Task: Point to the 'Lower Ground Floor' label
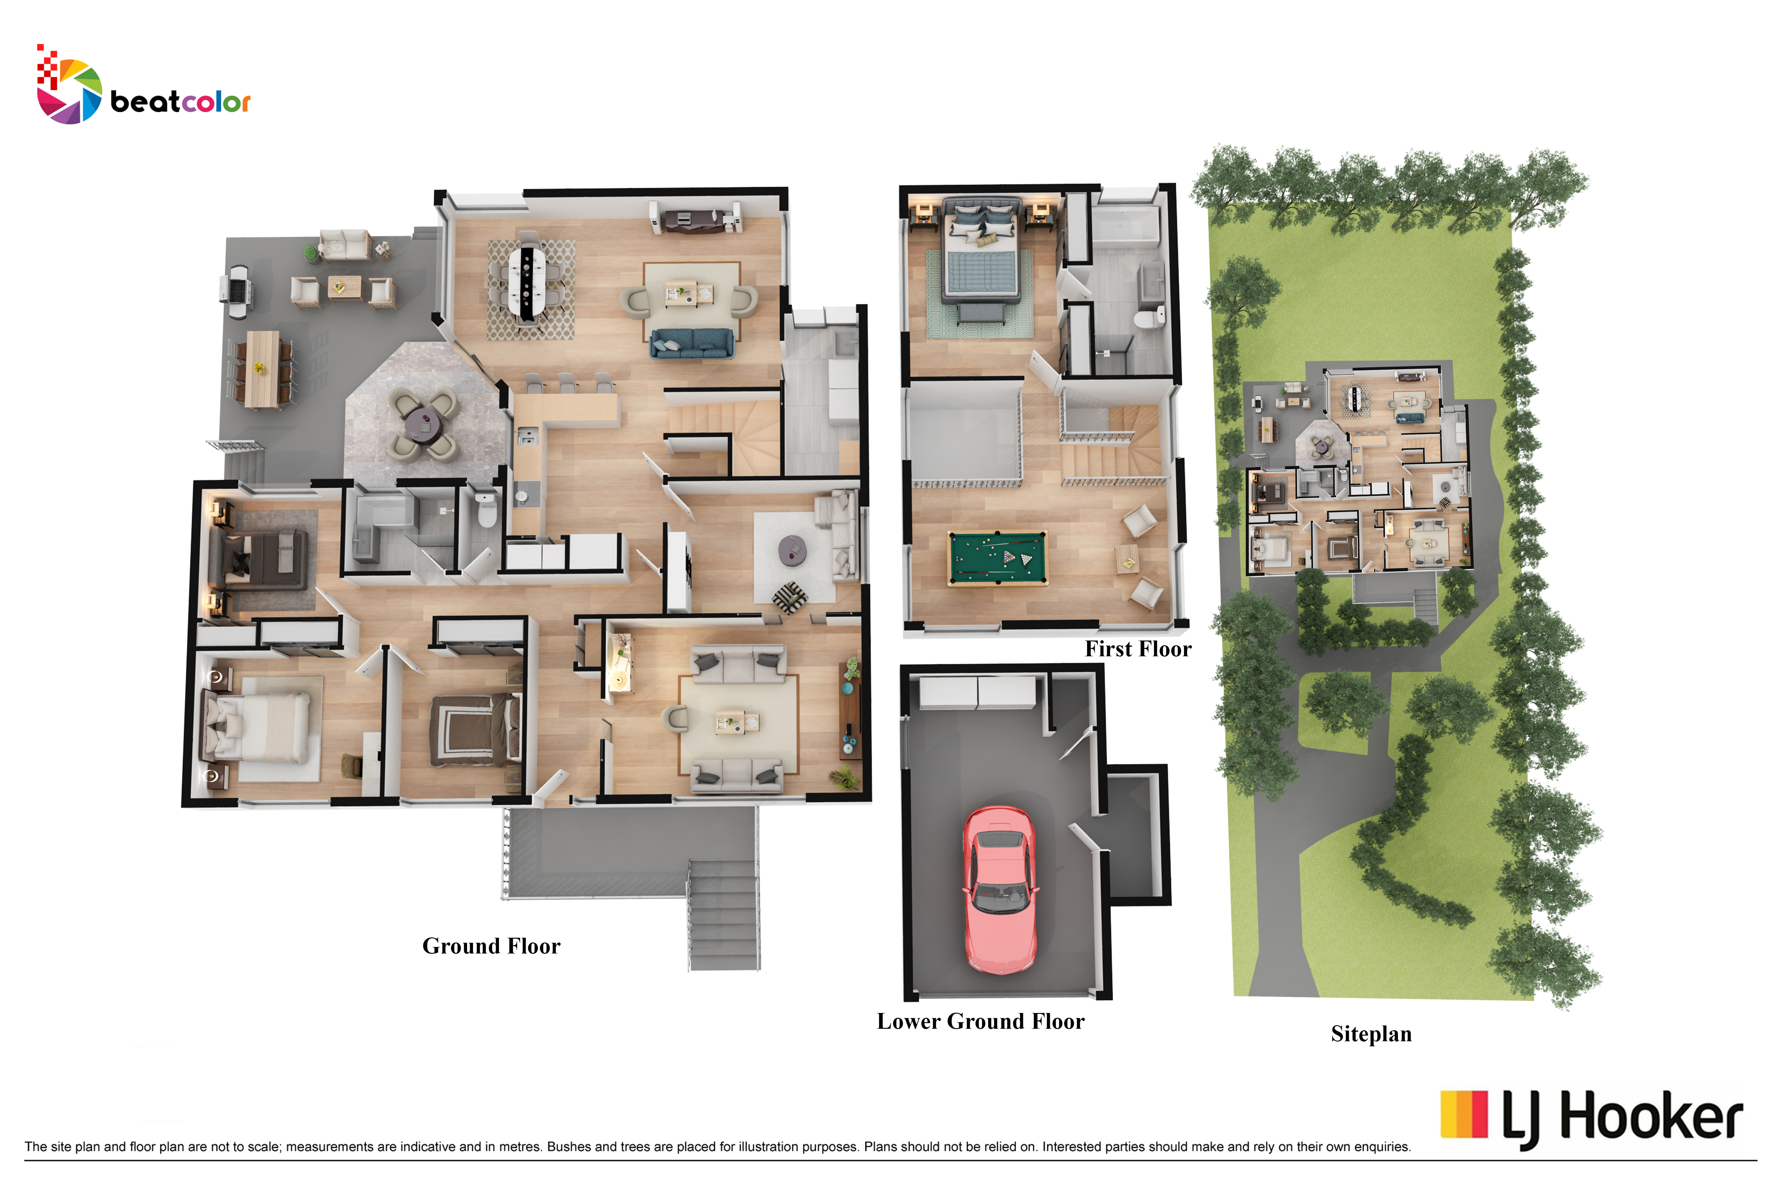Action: point(981,1022)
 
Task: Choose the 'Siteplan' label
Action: point(1371,1034)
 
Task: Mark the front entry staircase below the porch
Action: point(723,915)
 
